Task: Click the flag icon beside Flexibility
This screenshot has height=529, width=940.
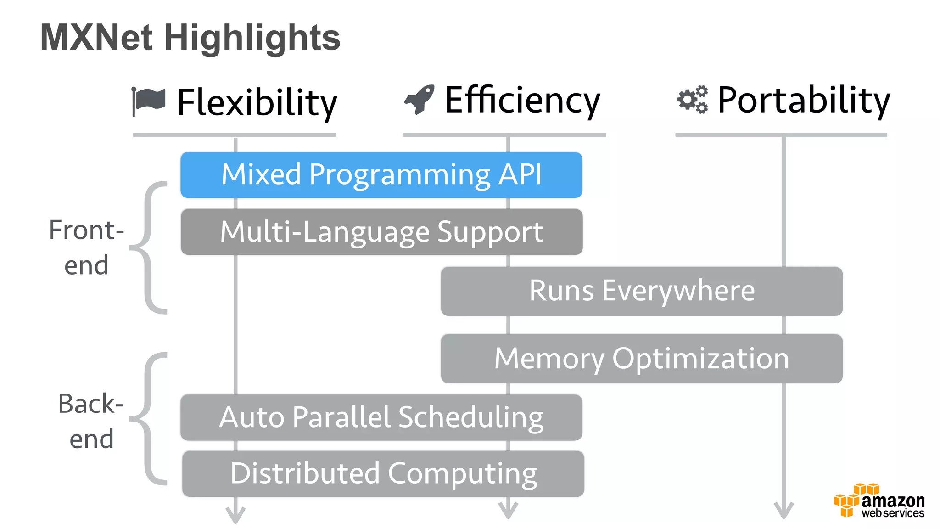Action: click(149, 101)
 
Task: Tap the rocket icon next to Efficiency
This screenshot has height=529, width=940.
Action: click(420, 99)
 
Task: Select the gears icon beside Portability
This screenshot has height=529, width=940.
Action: click(692, 99)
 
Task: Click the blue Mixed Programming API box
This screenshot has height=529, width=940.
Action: click(381, 175)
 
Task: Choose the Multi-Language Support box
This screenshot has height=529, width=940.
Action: click(381, 232)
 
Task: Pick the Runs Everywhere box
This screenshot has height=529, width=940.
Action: click(641, 291)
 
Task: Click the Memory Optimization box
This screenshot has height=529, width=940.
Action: click(641, 359)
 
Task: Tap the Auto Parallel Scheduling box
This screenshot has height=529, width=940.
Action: click(381, 417)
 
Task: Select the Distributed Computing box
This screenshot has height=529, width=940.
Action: click(383, 474)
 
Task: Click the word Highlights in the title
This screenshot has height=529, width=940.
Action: click(252, 38)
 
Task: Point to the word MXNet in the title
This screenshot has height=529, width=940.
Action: click(96, 38)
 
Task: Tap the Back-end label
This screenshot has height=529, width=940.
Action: click(91, 421)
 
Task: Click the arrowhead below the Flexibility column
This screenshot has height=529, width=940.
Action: click(235, 514)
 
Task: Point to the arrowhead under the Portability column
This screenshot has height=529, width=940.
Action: click(783, 510)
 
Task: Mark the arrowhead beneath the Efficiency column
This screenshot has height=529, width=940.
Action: click(508, 510)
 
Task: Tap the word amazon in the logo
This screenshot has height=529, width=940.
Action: click(893, 501)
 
